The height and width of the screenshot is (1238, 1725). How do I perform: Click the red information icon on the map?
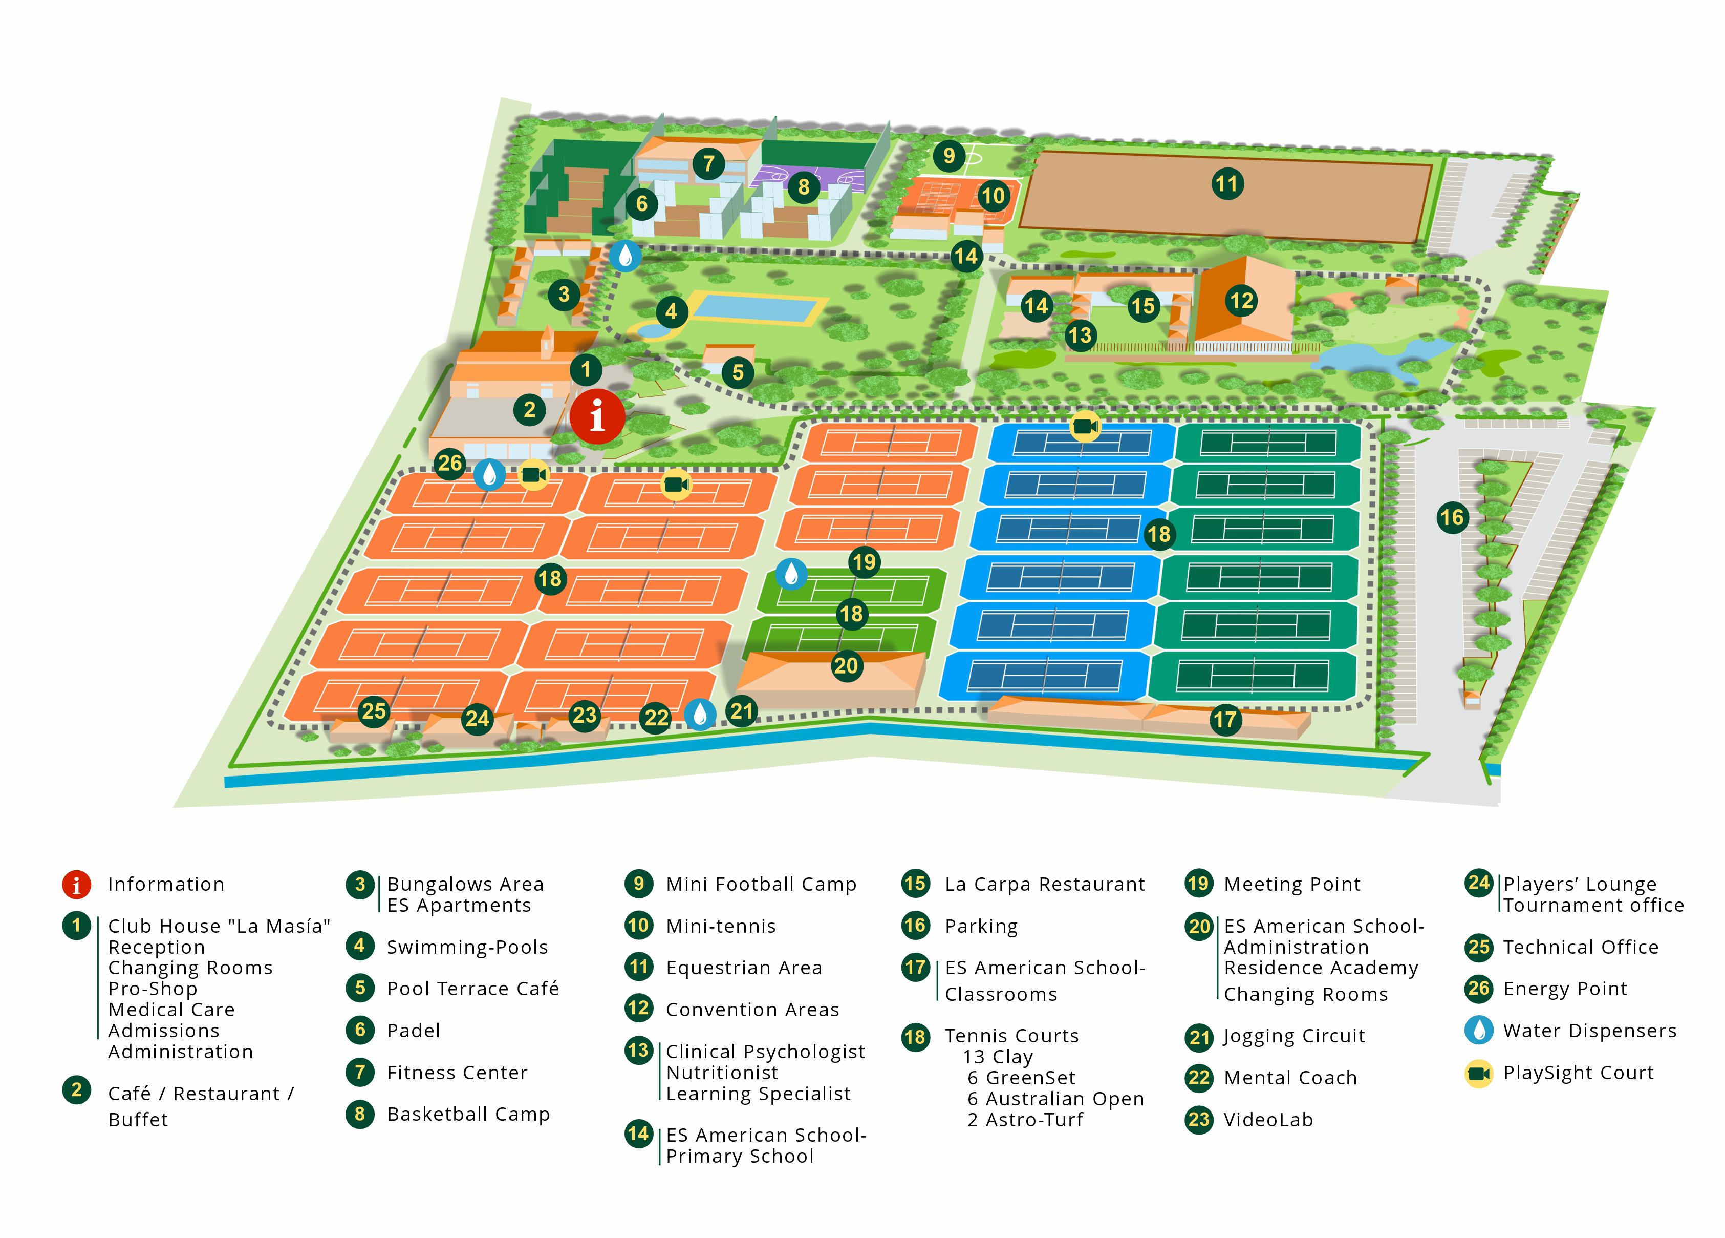[x=597, y=416]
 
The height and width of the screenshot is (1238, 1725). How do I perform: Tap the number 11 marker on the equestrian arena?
[x=1227, y=183]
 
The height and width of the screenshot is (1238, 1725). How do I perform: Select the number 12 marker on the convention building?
[x=1241, y=301]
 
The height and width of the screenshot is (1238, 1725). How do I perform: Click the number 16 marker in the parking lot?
[x=1451, y=517]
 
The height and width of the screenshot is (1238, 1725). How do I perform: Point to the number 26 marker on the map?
[x=449, y=463]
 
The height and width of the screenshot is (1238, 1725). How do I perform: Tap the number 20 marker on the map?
[x=846, y=666]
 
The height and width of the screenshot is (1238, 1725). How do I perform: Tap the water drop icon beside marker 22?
[x=699, y=714]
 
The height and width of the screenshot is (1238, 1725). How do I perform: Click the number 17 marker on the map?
[x=1224, y=719]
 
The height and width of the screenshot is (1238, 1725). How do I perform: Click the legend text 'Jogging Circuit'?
[x=1294, y=1036]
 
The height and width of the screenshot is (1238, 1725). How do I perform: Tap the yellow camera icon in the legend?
[x=1479, y=1073]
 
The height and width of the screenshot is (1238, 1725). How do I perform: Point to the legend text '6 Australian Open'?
[x=1055, y=1099]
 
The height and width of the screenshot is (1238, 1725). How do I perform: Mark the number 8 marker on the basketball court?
[x=803, y=186]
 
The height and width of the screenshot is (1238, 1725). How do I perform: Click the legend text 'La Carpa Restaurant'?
[x=1044, y=884]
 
